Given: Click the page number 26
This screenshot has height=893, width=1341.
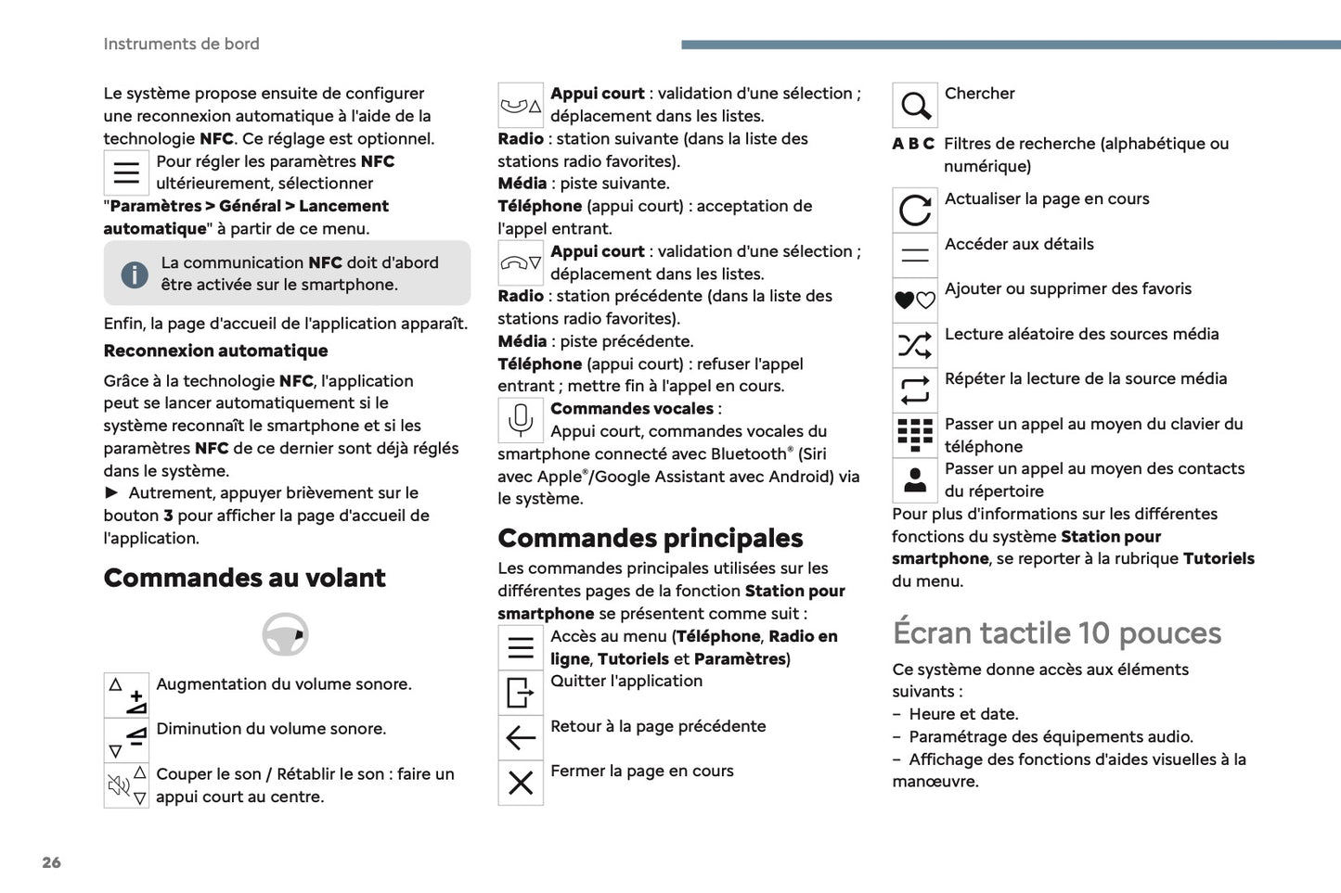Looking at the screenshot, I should point(51,862).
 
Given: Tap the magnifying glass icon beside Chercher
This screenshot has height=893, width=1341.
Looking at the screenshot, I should point(915,106).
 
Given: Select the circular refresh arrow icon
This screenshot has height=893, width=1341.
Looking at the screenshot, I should point(915,210).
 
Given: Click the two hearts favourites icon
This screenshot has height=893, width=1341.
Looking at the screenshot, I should point(915,300).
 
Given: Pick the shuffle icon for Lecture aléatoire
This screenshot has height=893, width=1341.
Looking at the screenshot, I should point(915,346).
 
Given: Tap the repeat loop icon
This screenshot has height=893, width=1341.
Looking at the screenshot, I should point(915,390).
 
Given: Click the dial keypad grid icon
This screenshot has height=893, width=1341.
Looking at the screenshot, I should point(915,435).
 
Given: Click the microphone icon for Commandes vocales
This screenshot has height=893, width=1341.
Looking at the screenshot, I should point(521,420).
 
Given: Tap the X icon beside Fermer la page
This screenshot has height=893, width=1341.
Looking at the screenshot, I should point(521,783).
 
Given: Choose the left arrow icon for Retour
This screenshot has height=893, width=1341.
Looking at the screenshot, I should point(521,738).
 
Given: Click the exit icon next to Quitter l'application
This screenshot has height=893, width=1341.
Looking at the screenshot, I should point(521,693).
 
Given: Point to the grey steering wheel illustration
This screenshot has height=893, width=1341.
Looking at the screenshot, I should point(285,635).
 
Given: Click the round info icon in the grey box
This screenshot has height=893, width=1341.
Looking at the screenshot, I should point(135,274).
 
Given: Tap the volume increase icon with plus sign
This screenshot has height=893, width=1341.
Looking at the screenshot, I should point(127,695).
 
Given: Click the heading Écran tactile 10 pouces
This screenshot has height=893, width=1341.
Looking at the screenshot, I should point(1056,632).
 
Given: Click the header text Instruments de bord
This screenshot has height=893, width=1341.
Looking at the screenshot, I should point(181,44).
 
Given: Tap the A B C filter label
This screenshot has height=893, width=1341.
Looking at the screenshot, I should point(913,144).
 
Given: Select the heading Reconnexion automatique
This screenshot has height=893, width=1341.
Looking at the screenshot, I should point(215,351).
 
